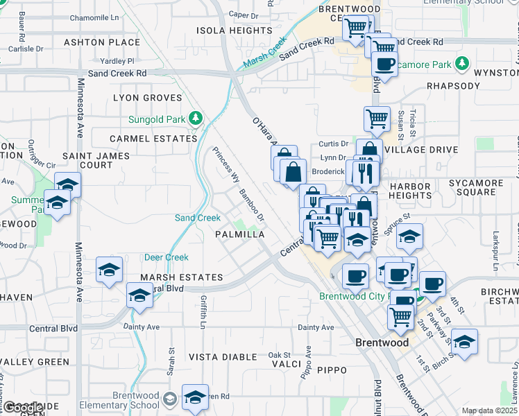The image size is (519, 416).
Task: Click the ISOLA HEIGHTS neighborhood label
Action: pyautogui.click(x=234, y=31)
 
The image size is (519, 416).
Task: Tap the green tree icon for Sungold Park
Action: pyautogui.click(x=197, y=119)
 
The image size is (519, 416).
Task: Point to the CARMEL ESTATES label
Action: pyautogui.click(x=153, y=139)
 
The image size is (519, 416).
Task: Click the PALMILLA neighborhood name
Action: pyautogui.click(x=240, y=235)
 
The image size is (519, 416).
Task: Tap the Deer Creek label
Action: pyautogui.click(x=166, y=257)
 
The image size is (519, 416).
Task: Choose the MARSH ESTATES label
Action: pyautogui.click(x=181, y=277)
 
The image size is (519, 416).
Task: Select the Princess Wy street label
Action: pyautogui.click(x=223, y=164)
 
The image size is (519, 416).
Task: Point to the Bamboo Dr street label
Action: pyautogui.click(x=252, y=205)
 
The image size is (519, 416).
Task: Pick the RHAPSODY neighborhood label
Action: pyautogui.click(x=453, y=86)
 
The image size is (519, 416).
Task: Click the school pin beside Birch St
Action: pyautogui.click(x=464, y=342)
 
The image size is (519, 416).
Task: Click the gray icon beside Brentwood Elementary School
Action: pyautogui.click(x=170, y=399)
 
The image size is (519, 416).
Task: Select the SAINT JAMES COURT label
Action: pyautogui.click(x=87, y=160)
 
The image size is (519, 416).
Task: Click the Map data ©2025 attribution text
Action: pyautogui.click(x=490, y=410)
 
